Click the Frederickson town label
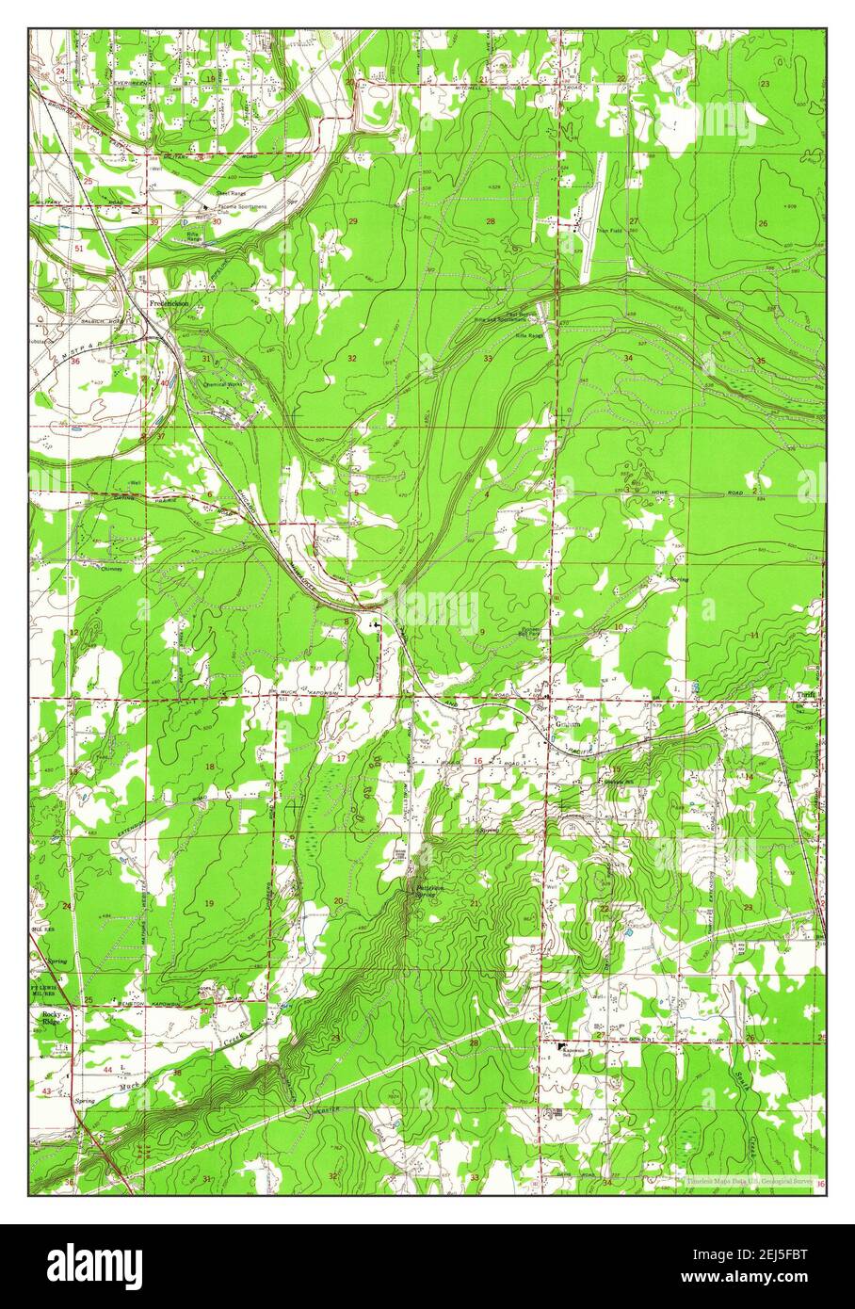coord(169,303)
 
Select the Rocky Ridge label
coord(49,1020)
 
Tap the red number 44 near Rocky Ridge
coord(107,1070)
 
